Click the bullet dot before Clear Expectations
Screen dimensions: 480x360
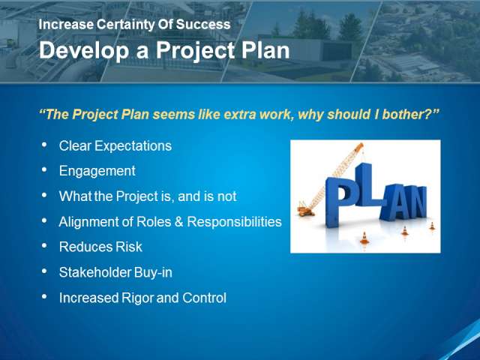44,145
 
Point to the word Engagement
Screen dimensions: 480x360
97,171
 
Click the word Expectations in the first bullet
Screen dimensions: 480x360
133,146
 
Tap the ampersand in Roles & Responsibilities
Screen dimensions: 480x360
178,222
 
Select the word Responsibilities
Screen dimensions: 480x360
234,222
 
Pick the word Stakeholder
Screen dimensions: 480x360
95,272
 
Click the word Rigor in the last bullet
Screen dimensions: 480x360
137,298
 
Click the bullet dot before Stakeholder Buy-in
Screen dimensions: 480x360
44,271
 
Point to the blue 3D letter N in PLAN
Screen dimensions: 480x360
415,202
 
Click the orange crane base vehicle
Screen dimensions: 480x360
306,211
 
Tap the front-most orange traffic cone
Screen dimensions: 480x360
364,238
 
